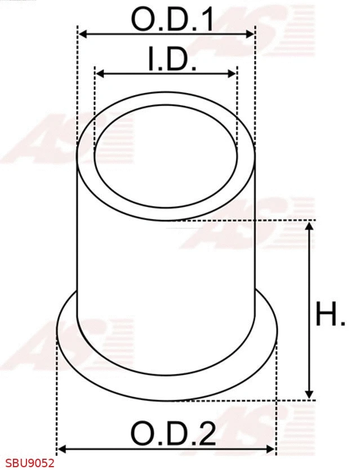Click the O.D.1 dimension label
[x=172, y=20]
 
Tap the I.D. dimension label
[x=172, y=59]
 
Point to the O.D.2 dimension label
[x=172, y=433]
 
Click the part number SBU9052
[x=27, y=463]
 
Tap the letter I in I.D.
[x=152, y=59]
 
